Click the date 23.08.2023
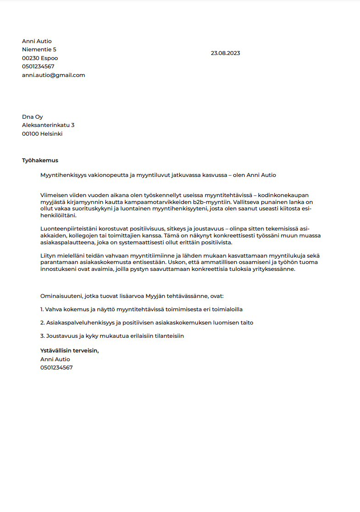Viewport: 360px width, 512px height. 225,53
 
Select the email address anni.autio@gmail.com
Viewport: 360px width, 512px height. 53,75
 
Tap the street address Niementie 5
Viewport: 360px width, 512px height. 39,50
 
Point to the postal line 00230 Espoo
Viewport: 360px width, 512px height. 40,58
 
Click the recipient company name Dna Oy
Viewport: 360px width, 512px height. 33,117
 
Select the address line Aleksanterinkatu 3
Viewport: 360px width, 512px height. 48,125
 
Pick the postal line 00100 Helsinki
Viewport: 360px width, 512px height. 42,134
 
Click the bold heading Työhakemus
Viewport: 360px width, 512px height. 40,160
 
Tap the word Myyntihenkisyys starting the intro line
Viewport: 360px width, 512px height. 63,175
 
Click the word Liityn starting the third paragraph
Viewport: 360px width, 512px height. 48,256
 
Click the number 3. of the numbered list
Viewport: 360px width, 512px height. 43,336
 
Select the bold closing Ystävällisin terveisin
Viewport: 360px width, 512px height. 70,351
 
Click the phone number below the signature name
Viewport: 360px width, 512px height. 56,368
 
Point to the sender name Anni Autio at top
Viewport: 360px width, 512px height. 37,41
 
